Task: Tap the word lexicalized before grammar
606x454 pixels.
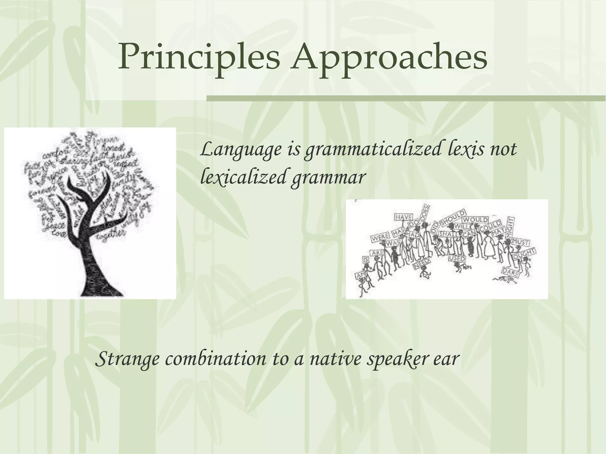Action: click(x=243, y=177)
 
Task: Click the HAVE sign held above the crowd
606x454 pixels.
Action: click(x=404, y=217)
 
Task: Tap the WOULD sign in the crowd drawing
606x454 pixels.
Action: click(x=475, y=220)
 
